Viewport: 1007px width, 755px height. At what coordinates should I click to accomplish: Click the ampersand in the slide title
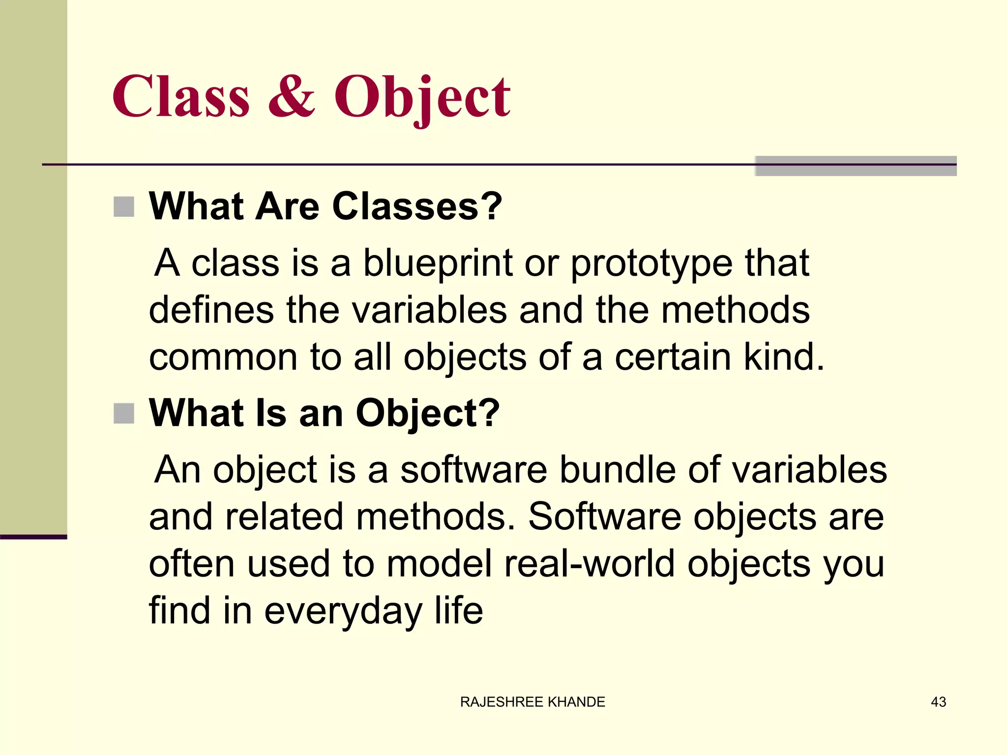[x=292, y=97]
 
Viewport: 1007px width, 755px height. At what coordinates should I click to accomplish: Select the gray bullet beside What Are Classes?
[x=124, y=206]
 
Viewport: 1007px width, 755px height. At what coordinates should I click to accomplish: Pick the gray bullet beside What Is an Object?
[x=124, y=413]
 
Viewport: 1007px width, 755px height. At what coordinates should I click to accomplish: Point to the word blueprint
[x=438, y=263]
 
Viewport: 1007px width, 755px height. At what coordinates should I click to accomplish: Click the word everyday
[x=343, y=611]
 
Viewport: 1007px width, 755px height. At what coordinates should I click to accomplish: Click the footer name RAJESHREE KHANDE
[x=533, y=702]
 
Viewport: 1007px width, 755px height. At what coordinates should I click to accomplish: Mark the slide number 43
[x=938, y=702]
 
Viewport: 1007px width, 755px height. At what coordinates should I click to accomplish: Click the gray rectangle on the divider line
[x=856, y=166]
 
